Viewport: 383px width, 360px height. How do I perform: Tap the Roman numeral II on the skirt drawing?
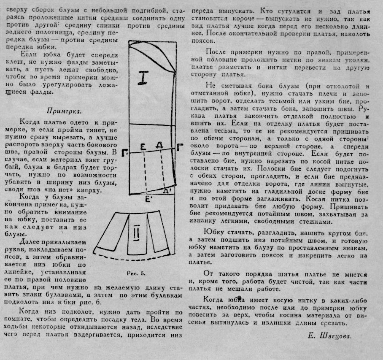(137, 232)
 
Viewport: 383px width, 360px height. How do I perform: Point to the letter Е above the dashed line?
(143, 146)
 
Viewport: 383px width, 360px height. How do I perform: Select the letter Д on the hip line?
(159, 146)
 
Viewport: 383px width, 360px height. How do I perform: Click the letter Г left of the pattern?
(124, 153)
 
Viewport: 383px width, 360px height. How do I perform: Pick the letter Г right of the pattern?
(180, 147)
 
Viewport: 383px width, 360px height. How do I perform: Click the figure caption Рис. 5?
(136, 273)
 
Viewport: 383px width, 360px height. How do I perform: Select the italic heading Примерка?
(64, 111)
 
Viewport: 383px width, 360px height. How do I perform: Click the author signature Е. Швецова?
(329, 336)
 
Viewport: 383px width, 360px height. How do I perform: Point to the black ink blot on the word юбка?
(240, 298)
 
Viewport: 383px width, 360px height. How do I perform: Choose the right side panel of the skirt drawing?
(158, 232)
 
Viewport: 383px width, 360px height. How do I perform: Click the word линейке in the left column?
(18, 272)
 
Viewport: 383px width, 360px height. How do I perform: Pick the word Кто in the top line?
(266, 11)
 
